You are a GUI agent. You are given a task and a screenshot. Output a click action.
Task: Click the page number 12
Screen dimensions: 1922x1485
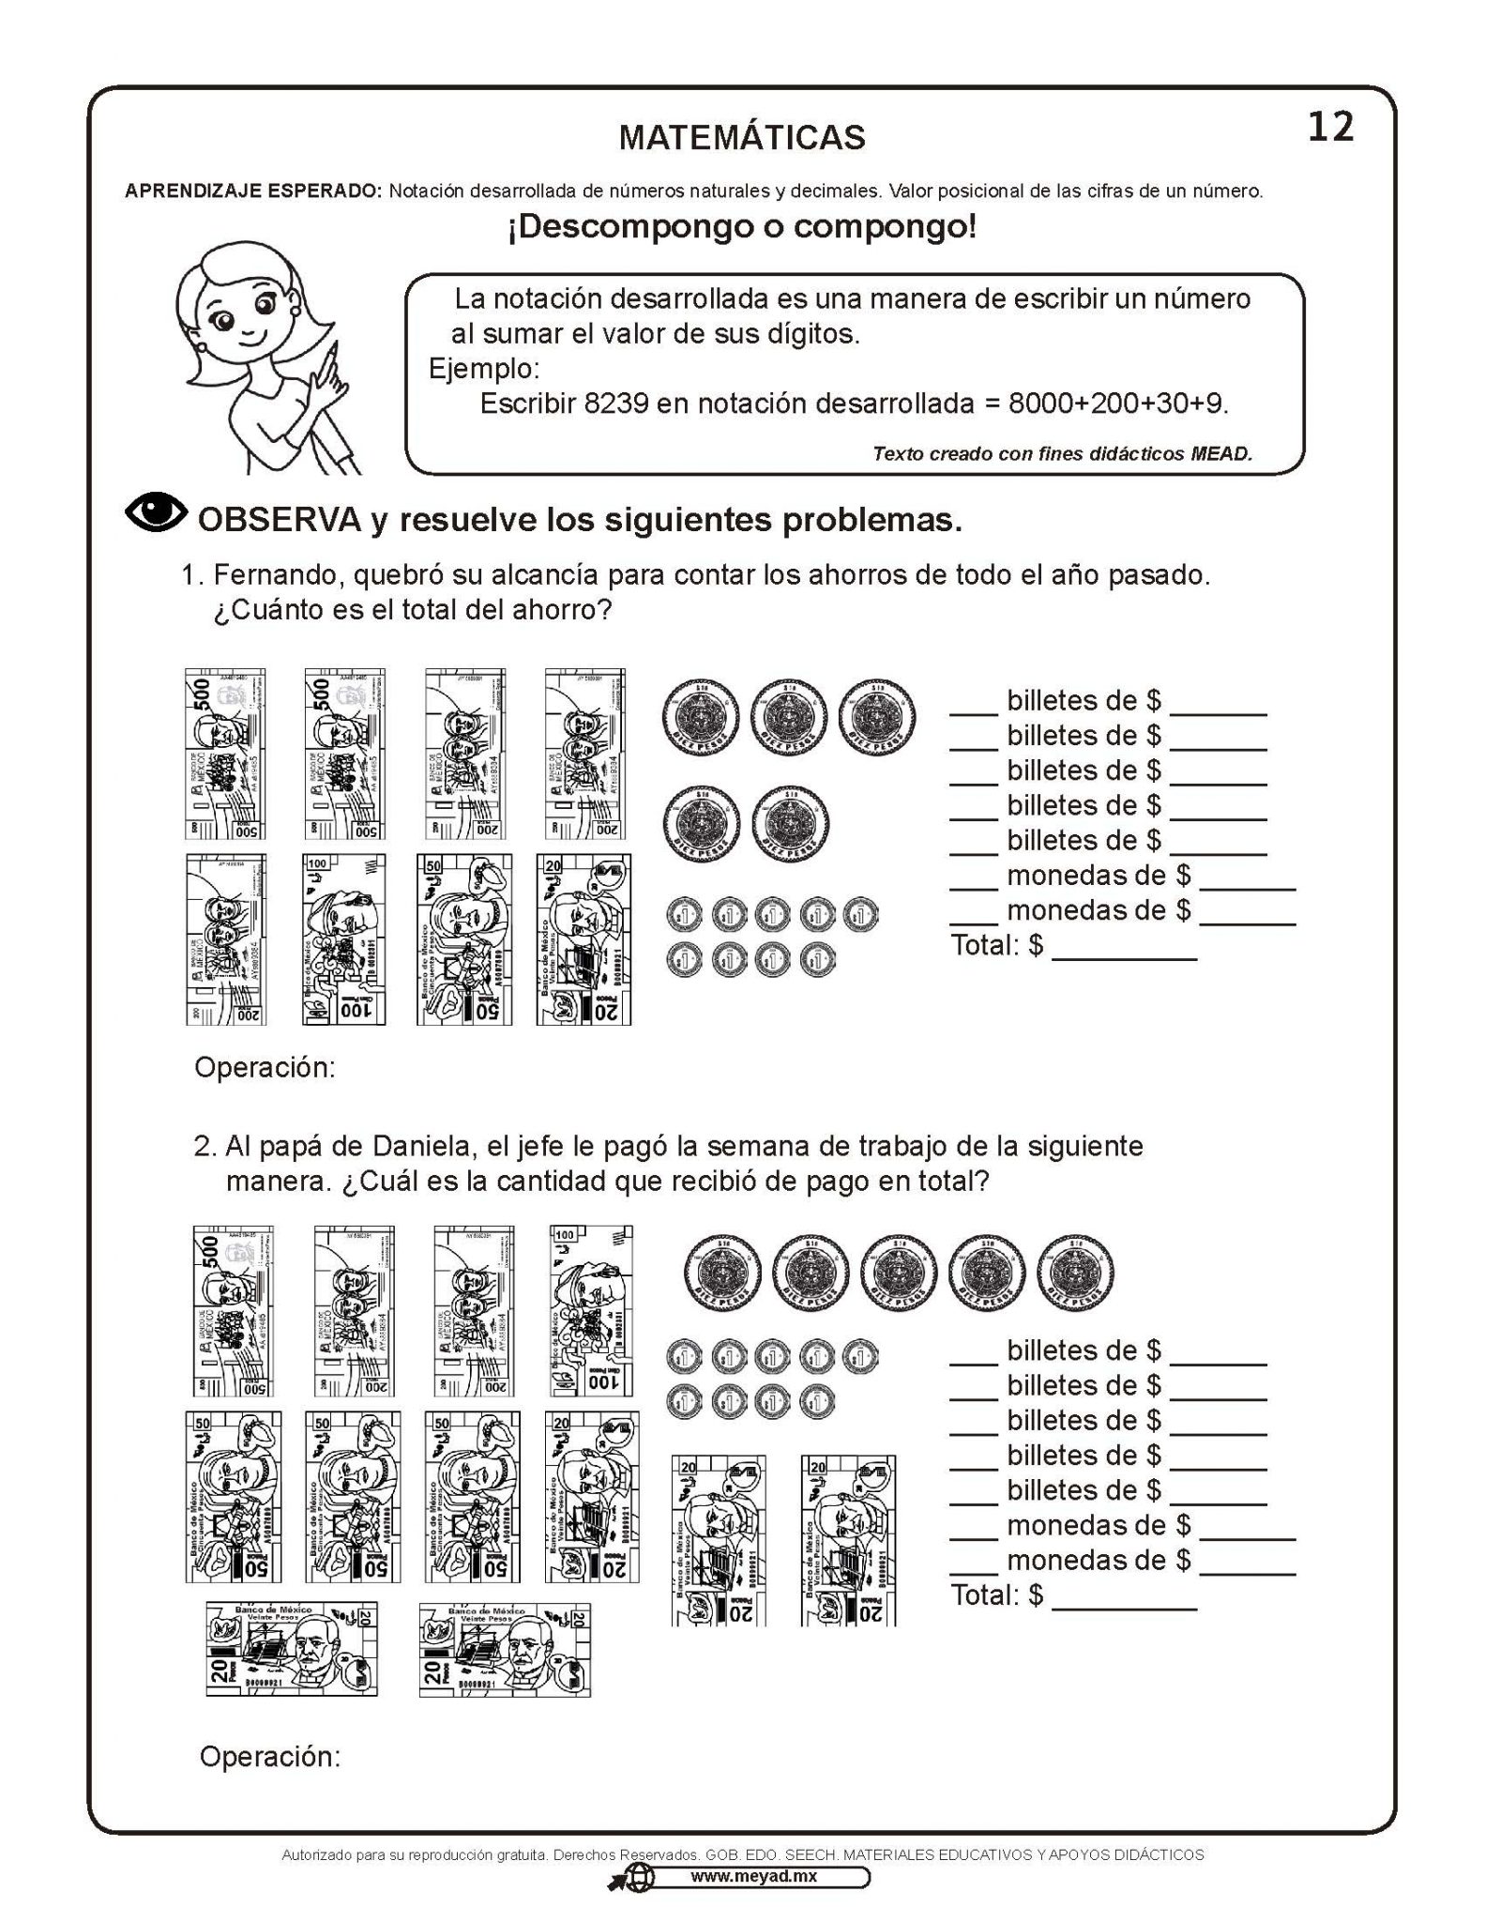(x=1330, y=127)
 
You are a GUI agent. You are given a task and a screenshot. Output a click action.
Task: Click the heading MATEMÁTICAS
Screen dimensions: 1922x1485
(x=742, y=138)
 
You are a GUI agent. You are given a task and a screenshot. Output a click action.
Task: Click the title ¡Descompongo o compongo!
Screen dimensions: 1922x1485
(x=742, y=227)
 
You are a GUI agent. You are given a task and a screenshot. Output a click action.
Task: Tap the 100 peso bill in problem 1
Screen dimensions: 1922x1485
(x=343, y=938)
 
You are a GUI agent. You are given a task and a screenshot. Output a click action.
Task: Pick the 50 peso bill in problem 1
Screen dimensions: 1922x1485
(x=463, y=938)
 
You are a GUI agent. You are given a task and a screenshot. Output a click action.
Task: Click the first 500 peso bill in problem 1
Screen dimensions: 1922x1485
(x=225, y=754)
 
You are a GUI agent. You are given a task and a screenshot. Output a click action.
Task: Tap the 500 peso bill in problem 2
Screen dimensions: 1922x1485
(x=233, y=1310)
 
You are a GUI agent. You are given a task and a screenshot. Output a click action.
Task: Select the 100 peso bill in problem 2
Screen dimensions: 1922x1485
(x=590, y=1310)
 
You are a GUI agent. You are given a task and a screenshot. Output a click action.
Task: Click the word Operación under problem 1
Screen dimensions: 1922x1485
(x=265, y=1068)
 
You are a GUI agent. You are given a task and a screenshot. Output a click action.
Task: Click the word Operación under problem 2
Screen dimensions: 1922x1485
(x=270, y=1757)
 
